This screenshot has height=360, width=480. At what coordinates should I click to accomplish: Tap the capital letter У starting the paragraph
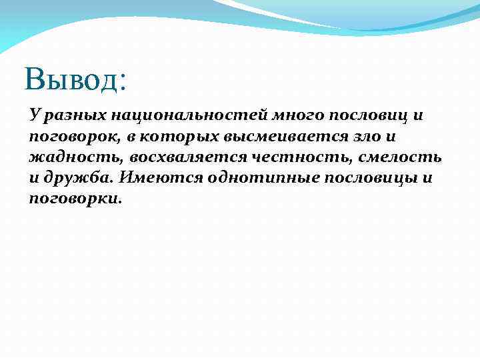35,115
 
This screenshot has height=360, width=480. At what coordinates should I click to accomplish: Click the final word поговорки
75,198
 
